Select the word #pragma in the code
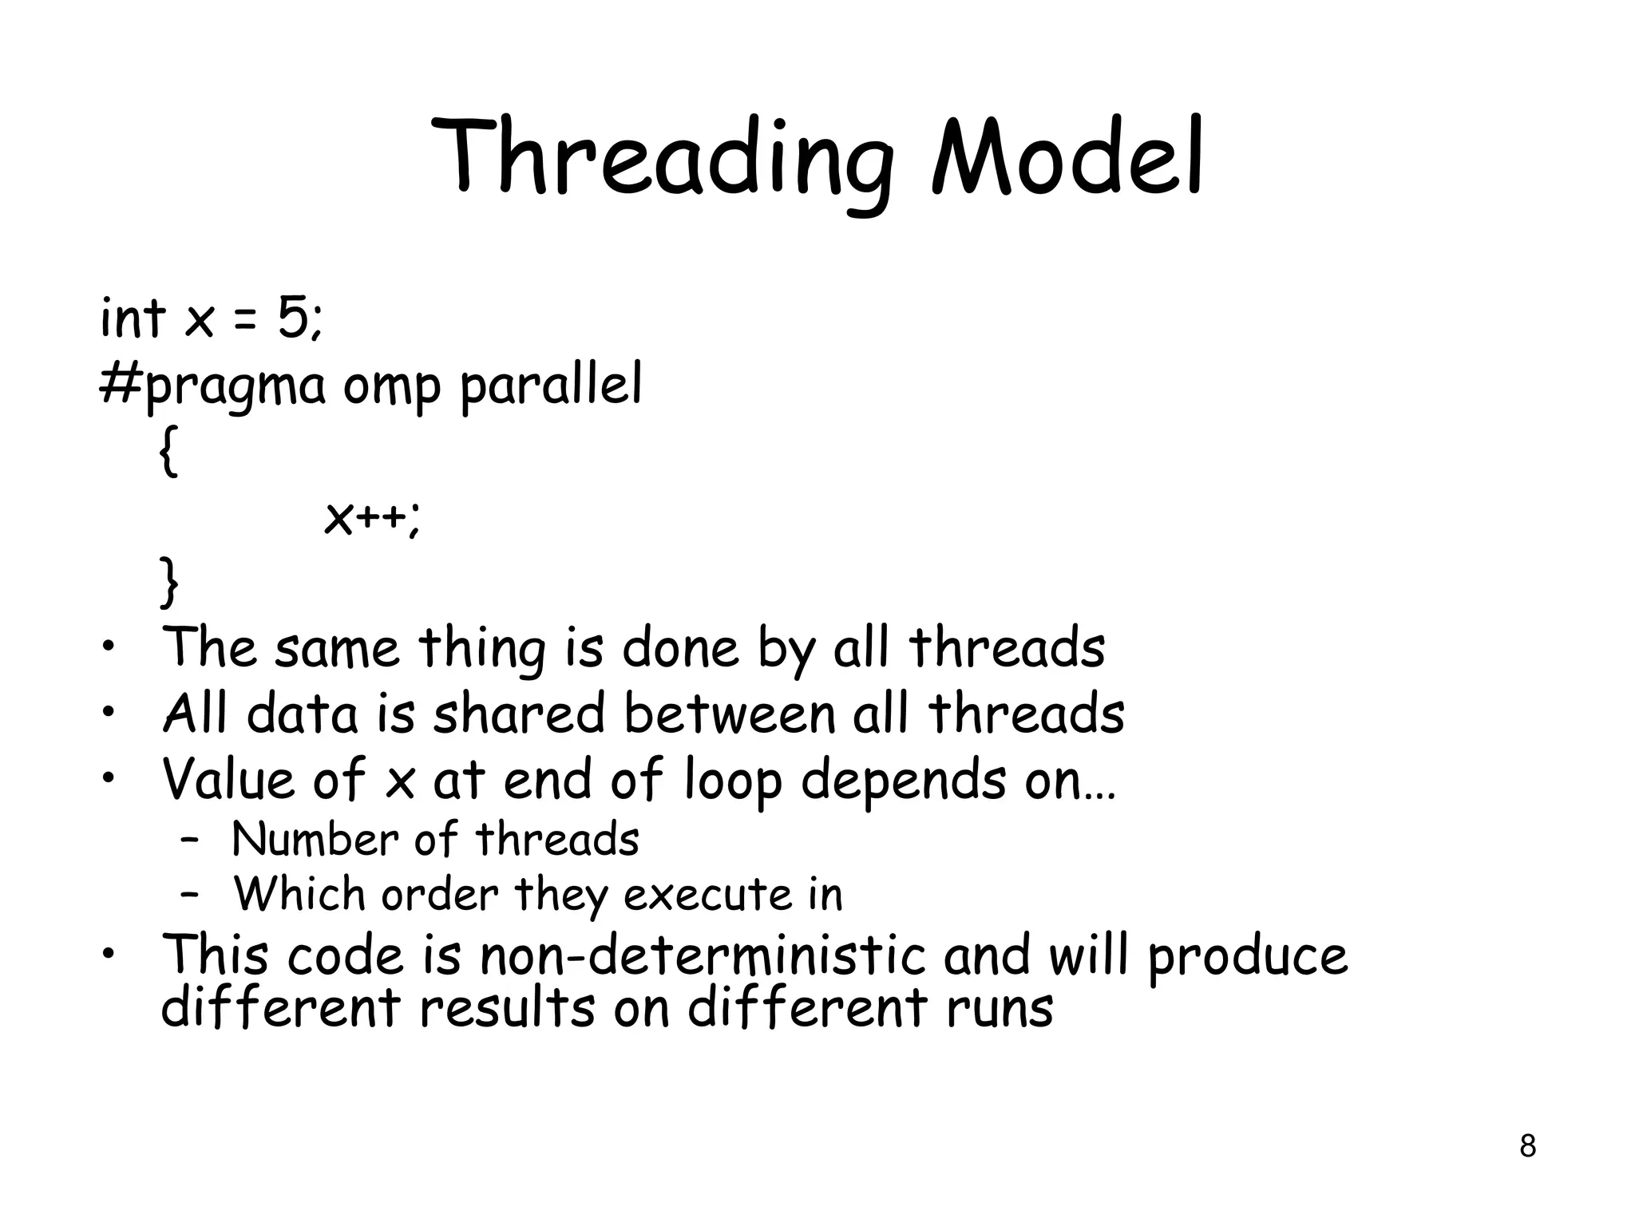click(x=212, y=386)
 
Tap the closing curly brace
click(x=168, y=583)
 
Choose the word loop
click(x=733, y=781)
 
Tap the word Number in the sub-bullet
click(x=315, y=840)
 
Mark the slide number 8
click(x=1527, y=1146)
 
